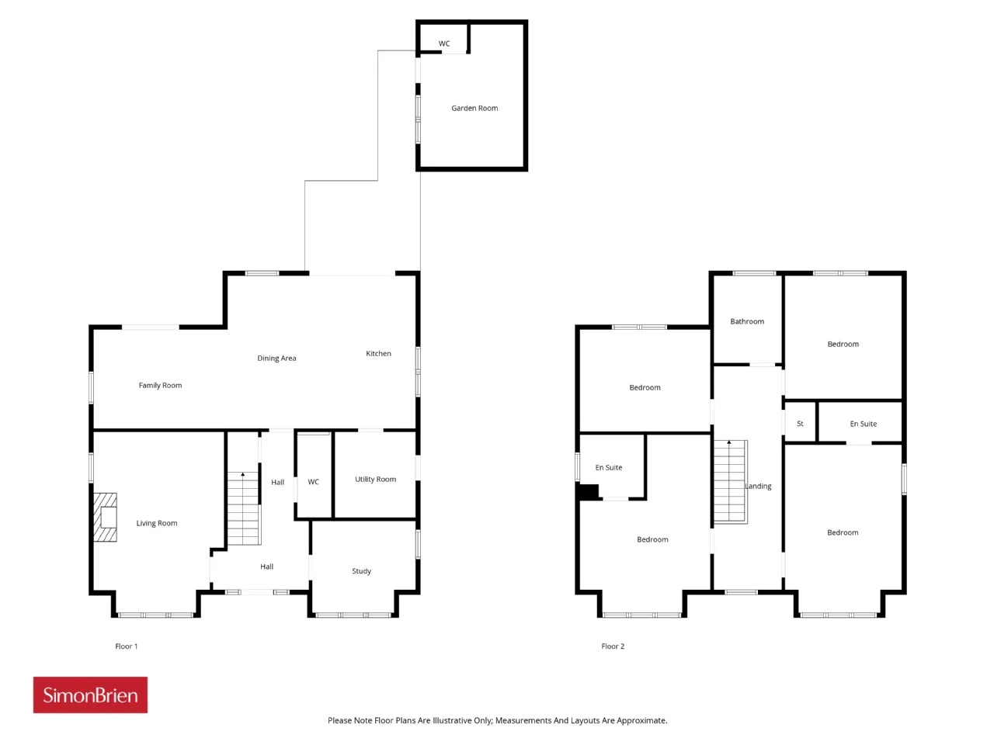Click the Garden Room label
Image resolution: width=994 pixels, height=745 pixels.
(474, 108)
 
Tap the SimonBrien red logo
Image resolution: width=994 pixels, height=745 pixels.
(90, 695)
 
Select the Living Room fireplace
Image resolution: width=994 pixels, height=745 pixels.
(105, 517)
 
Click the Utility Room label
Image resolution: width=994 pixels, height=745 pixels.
(375, 479)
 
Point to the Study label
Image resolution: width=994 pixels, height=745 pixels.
(361, 571)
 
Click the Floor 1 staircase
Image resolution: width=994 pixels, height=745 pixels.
(244, 508)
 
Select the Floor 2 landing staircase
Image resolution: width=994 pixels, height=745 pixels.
(731, 482)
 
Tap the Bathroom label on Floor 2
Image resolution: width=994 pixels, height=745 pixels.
(747, 321)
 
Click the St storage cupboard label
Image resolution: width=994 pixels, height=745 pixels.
(800, 424)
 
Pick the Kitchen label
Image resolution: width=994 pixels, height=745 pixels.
(379, 353)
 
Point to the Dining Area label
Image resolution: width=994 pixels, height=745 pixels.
(276, 359)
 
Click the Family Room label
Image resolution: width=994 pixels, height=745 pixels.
(160, 386)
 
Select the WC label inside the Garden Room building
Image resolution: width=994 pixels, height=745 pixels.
(444, 44)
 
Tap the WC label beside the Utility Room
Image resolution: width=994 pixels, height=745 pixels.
(314, 482)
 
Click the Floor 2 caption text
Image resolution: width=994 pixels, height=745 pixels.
(613, 646)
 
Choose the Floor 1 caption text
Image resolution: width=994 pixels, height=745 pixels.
(127, 646)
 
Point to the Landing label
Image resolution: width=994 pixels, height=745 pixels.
(759, 487)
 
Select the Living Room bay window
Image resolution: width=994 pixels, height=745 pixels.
(156, 615)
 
